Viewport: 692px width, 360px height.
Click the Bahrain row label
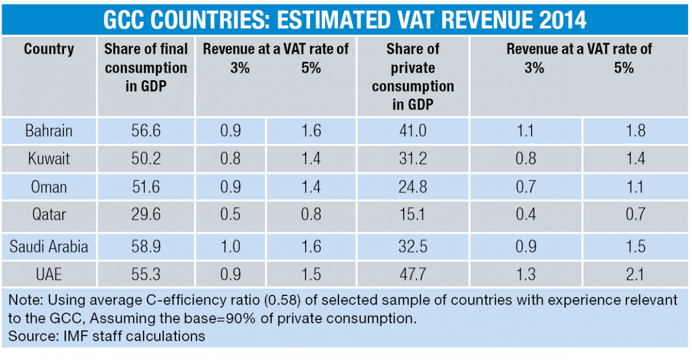[49, 131]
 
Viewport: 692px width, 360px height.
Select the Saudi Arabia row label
[49, 247]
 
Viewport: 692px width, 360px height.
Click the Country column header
[49, 49]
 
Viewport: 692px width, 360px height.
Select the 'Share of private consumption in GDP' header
[413, 77]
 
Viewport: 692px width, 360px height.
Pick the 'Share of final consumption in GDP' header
[146, 67]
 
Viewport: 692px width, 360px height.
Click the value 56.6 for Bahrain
[146, 131]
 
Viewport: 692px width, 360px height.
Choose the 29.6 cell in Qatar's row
[146, 215]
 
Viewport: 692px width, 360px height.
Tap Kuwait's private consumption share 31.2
[413, 159]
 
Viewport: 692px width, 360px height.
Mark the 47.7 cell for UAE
[413, 273]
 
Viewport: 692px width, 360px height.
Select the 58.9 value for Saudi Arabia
[146, 247]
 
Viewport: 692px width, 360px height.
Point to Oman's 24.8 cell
[413, 187]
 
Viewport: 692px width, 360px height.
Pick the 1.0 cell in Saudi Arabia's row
[231, 247]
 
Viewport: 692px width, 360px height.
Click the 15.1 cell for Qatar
[413, 215]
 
